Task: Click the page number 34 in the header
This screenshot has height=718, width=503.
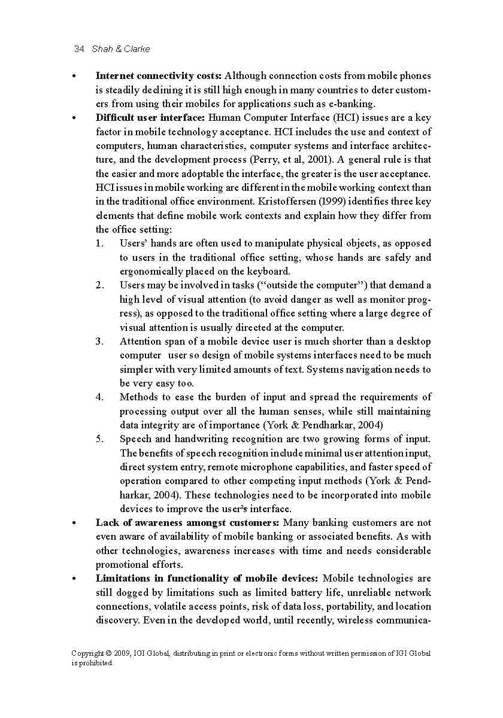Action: [78, 49]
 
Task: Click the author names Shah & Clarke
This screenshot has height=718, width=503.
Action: [121, 49]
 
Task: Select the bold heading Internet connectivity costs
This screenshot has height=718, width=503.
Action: [159, 76]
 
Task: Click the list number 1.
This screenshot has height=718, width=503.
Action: [99, 244]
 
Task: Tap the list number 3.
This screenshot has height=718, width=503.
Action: [99, 342]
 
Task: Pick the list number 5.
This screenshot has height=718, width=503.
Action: [99, 439]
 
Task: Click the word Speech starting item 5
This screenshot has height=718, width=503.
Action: [135, 439]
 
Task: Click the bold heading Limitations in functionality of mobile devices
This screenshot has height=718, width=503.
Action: [207, 579]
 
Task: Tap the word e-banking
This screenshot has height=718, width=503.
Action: [350, 104]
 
